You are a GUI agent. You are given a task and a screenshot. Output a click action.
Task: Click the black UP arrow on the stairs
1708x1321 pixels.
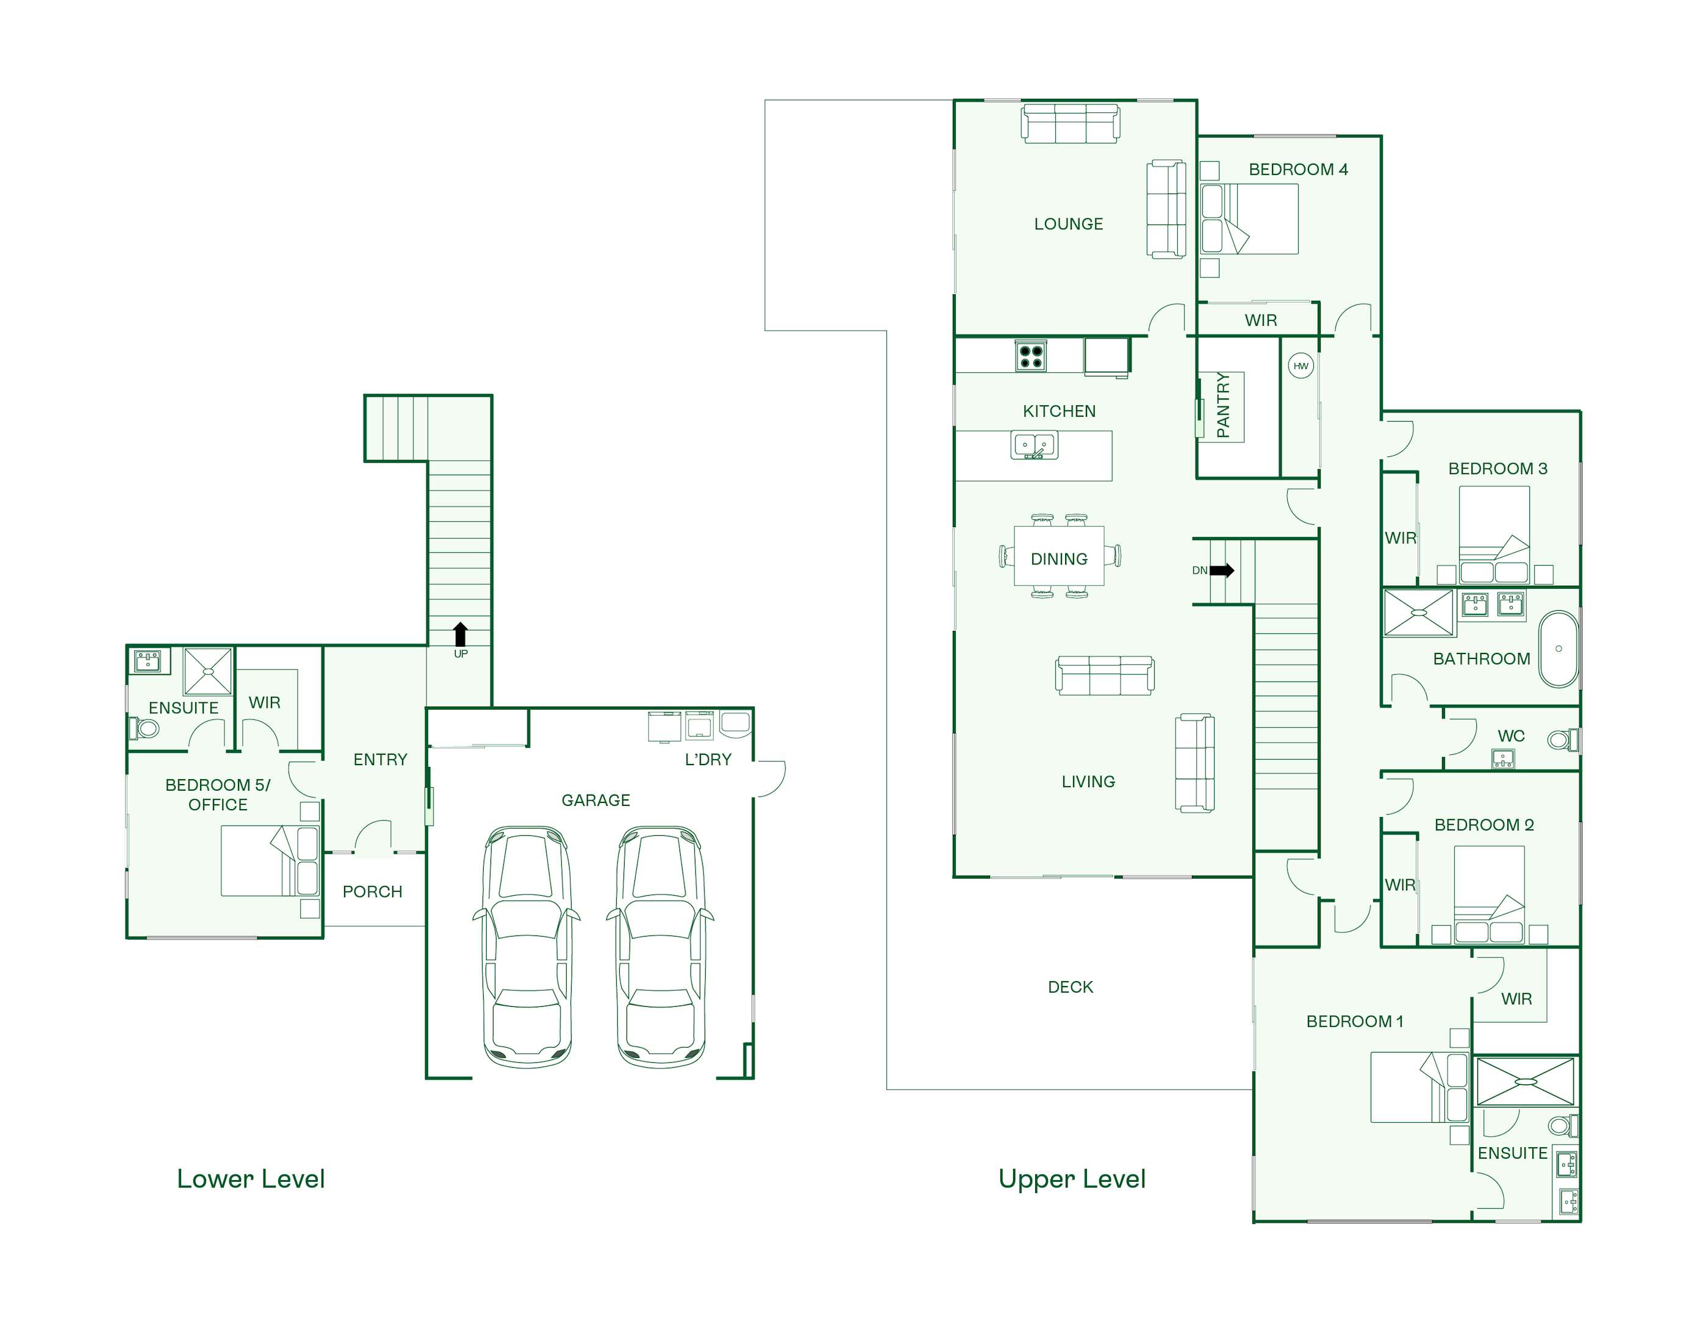(461, 635)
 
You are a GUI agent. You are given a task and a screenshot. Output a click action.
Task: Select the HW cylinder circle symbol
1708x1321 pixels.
(1301, 366)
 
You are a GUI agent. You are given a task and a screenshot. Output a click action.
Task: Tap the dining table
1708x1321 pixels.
(1059, 556)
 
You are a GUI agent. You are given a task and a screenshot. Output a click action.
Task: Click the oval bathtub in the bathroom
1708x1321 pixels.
(1559, 649)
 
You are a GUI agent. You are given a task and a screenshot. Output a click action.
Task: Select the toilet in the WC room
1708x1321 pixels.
(1563, 739)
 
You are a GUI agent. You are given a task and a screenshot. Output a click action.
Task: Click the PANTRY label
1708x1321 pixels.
(1223, 405)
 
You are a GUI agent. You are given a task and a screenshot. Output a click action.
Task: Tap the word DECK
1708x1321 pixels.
(1070, 987)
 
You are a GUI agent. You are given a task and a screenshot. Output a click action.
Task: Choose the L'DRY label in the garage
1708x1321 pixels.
(708, 760)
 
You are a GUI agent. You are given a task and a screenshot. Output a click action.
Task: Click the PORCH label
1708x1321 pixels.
(372, 891)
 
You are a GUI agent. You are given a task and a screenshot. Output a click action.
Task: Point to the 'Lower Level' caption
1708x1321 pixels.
(251, 1179)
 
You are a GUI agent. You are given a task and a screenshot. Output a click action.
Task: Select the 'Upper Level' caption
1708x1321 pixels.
(1072, 1179)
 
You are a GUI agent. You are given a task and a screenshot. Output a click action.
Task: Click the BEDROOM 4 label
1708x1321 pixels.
(1298, 170)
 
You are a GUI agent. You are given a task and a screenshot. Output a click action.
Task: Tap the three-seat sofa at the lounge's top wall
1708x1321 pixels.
(1071, 124)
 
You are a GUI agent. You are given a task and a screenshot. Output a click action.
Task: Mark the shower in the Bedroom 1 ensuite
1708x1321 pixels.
(1524, 1082)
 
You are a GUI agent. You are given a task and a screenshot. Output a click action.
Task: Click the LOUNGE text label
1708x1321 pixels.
(1068, 224)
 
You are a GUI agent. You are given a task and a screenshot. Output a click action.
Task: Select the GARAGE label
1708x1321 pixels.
(596, 800)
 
